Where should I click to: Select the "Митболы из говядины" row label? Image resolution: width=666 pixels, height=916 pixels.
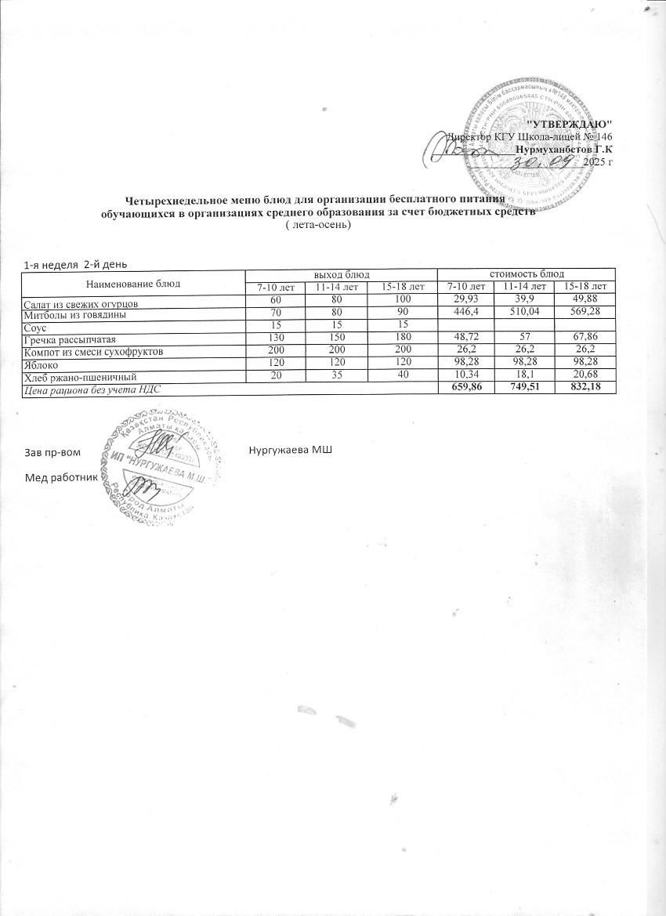pyautogui.click(x=75, y=314)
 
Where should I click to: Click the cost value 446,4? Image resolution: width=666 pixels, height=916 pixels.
pyautogui.click(x=465, y=314)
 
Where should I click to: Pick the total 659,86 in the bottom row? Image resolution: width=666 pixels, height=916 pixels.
pyautogui.click(x=465, y=389)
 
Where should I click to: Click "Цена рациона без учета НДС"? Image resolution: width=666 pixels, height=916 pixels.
pyautogui.click(x=95, y=389)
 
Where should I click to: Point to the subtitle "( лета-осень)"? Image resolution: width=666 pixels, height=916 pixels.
pyautogui.click(x=318, y=226)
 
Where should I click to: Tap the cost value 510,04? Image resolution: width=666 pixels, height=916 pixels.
pyautogui.click(x=525, y=314)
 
